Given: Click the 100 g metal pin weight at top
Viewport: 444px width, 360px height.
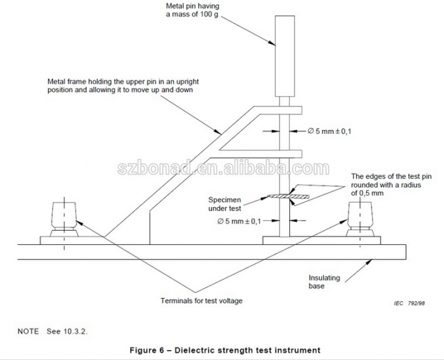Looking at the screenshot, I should [x=284, y=55].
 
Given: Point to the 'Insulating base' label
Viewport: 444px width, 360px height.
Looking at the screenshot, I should [x=325, y=282].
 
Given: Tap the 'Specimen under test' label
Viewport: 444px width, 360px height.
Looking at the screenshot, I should [x=225, y=204].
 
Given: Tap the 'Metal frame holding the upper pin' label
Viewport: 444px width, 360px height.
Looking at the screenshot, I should [x=120, y=86].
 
